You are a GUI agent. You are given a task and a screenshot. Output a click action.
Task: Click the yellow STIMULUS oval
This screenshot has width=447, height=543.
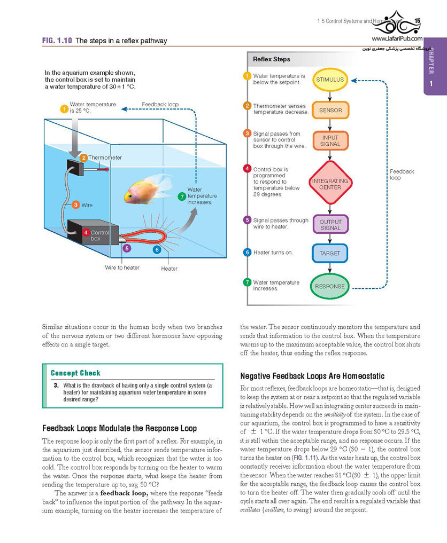330,80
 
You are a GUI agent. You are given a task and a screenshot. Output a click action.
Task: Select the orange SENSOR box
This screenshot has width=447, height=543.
330,110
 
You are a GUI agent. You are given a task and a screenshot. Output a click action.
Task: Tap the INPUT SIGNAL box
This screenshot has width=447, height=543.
330,140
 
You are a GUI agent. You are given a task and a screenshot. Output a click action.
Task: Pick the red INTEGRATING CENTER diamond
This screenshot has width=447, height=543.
330,184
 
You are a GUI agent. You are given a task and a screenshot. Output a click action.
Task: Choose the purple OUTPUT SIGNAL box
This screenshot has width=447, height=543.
330,224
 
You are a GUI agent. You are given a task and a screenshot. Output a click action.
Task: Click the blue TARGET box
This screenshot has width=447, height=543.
330,253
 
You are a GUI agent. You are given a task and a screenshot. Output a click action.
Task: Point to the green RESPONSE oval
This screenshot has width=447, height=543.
329,286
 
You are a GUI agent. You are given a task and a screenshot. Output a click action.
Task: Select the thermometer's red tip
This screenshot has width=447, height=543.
107,169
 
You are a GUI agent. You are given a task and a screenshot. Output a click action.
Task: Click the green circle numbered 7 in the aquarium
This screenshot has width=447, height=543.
181,196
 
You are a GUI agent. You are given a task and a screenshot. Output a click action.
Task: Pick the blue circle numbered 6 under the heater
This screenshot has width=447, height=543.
157,249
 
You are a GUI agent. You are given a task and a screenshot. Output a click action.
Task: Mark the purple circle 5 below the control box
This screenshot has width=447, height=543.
127,248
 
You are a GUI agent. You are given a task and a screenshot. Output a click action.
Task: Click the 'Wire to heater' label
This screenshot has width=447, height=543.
122,267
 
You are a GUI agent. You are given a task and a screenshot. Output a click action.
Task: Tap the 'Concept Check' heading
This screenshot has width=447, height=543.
75,373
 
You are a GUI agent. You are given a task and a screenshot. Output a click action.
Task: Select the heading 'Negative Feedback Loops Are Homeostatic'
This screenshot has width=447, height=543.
312,376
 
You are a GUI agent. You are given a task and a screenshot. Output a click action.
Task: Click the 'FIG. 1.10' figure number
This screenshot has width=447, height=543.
57,41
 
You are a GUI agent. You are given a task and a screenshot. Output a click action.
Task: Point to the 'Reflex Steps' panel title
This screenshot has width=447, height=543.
272,59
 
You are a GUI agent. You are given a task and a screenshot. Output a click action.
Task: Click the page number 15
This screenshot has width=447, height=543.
417,21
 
